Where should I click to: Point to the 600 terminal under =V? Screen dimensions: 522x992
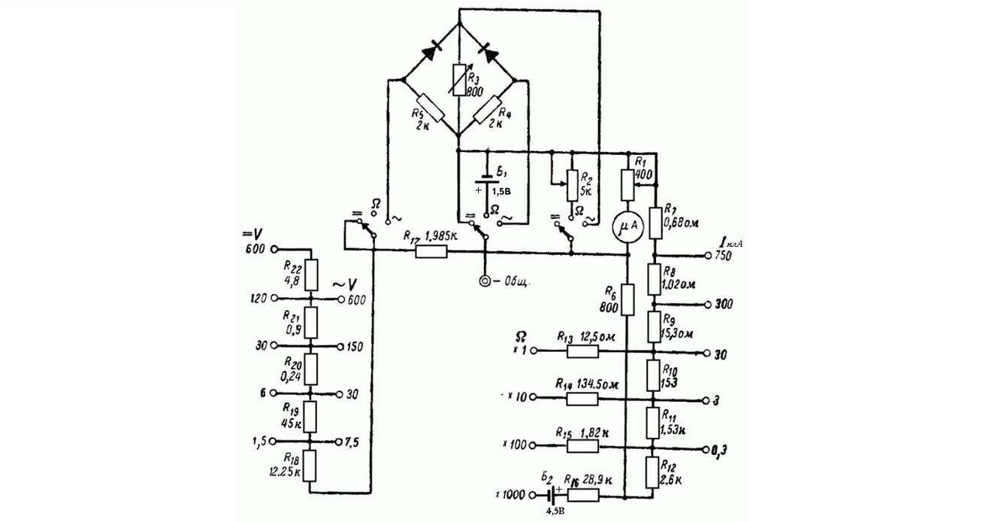click(274, 249)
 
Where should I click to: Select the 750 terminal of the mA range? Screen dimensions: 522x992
click(709, 256)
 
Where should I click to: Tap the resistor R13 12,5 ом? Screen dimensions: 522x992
click(582, 351)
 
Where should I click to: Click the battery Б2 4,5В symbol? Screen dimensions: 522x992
click(554, 496)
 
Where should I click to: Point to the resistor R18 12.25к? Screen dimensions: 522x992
click(310, 466)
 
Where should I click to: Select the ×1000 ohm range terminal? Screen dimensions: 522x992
click(536, 496)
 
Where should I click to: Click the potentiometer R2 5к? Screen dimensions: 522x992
click(571, 184)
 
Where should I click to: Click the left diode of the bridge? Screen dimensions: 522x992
click(431, 51)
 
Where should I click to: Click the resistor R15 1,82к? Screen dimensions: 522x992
click(582, 445)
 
